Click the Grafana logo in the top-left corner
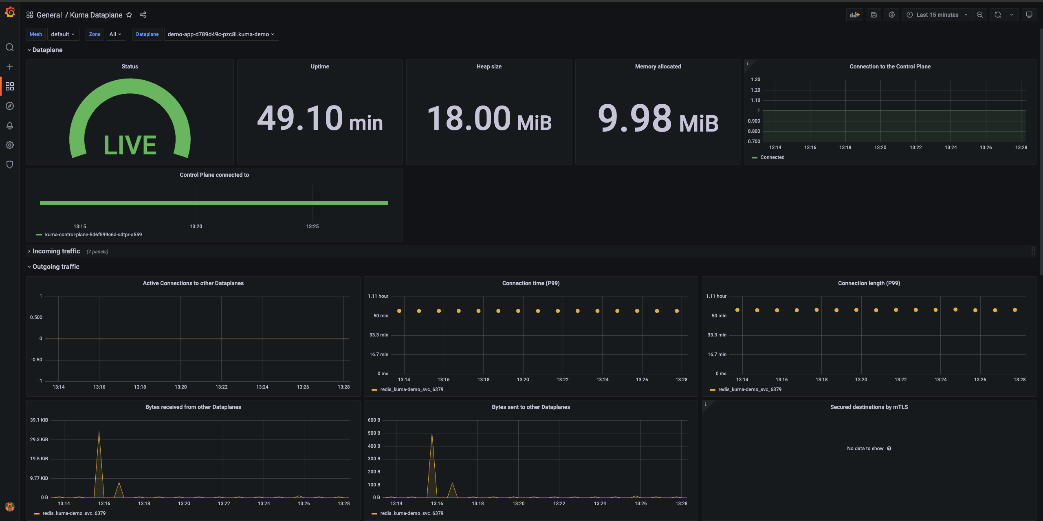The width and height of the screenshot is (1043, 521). [10, 13]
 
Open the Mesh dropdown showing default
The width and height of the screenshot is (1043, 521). [63, 34]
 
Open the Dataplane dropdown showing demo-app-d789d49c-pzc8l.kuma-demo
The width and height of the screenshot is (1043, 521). [221, 34]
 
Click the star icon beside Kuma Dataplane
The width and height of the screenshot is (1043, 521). [129, 15]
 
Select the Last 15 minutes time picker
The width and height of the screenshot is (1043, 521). [937, 15]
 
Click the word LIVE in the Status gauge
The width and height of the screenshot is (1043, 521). [130, 145]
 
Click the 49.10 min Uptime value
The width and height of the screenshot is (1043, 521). [320, 119]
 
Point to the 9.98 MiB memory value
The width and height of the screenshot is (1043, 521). [658, 119]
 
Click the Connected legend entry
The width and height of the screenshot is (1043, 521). [772, 157]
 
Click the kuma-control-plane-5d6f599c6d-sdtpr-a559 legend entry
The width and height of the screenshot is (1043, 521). [93, 235]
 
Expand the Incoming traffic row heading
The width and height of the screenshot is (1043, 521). [56, 251]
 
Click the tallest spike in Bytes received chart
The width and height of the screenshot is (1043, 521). [99, 433]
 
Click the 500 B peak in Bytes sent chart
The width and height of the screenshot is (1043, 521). [432, 434]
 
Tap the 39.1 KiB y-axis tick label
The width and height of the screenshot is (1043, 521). [39, 420]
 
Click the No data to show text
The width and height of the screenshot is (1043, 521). [865, 448]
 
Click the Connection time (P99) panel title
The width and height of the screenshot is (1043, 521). [530, 283]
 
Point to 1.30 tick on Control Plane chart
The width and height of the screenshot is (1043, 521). [755, 79]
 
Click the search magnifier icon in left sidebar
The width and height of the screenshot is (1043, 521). [10, 47]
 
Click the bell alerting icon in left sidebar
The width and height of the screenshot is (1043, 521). [10, 125]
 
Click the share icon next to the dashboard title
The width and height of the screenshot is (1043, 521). [143, 15]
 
